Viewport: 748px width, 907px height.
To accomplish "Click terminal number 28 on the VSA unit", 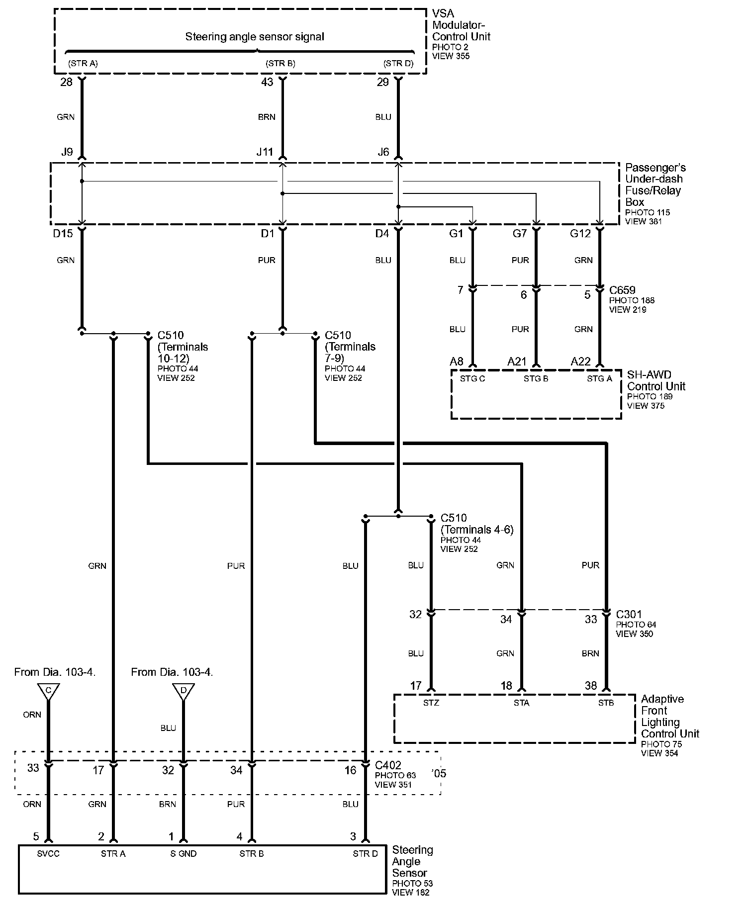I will click(x=66, y=83).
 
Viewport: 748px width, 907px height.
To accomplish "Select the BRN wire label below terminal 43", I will click(x=267, y=117).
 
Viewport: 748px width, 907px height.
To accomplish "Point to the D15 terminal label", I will click(x=63, y=234).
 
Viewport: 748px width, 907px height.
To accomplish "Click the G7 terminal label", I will click(x=520, y=234).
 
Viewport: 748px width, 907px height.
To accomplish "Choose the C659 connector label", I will click(x=622, y=290).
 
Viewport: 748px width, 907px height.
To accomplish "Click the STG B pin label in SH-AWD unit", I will click(x=536, y=379).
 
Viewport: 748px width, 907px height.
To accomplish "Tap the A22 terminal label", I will click(x=580, y=362).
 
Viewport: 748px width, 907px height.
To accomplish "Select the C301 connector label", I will click(x=629, y=615).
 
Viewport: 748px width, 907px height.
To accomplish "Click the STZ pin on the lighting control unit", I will click(x=431, y=703).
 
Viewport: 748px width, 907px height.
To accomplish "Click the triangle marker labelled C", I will click(x=48, y=691).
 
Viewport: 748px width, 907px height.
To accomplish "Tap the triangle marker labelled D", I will click(x=184, y=691).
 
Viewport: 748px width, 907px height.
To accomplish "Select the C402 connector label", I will click(x=388, y=765).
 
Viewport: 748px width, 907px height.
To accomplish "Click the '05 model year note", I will click(x=439, y=774).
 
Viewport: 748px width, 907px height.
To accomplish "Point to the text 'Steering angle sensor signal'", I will click(x=255, y=37).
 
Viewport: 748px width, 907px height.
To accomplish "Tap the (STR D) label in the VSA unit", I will click(x=398, y=64).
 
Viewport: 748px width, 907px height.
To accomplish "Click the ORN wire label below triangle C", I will click(x=32, y=715).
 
